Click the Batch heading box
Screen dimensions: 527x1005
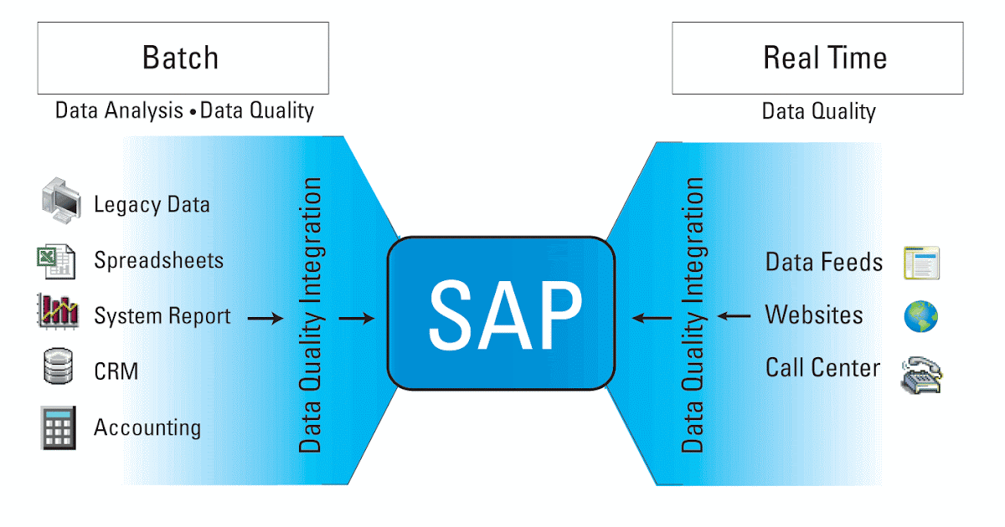(183, 58)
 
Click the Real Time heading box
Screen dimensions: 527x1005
(817, 58)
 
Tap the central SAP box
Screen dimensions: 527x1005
(502, 313)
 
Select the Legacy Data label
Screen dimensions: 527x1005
(152, 204)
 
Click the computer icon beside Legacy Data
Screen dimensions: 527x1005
(61, 202)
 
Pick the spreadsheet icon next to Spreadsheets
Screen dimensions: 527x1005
(56, 260)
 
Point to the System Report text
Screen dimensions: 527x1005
(162, 316)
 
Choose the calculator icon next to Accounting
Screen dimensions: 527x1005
(58, 427)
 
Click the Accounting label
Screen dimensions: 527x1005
(147, 427)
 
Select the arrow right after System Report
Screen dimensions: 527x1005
(265, 318)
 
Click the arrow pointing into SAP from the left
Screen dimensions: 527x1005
(357, 318)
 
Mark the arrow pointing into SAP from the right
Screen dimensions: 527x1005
(651, 318)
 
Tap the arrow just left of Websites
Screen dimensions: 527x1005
(734, 316)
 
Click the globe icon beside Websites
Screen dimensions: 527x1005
(920, 316)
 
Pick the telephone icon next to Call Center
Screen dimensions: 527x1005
(921, 374)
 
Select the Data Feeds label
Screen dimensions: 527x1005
(824, 262)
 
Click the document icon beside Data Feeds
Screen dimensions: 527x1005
(921, 262)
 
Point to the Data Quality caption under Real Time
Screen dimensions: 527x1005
(818, 111)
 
